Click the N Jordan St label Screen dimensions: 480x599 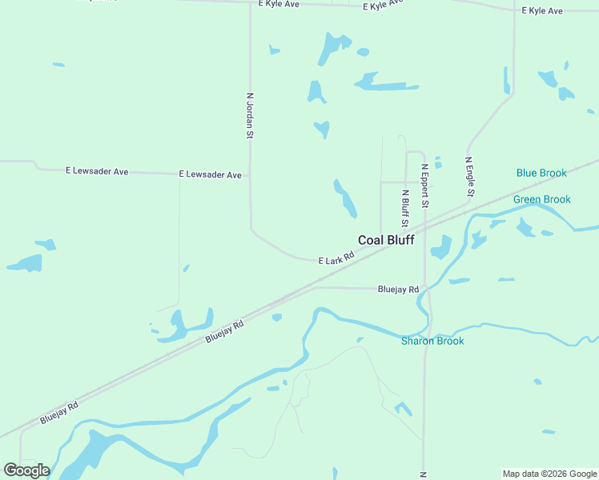[250, 117]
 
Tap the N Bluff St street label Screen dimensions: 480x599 [405, 208]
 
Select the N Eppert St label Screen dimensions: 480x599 [425, 186]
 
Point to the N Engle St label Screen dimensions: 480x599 [471, 177]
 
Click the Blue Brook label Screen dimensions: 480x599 [541, 173]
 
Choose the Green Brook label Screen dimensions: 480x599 [542, 199]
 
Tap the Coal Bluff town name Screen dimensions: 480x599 [386, 240]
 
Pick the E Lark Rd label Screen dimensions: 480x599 [336, 260]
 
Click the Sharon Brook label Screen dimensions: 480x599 [432, 341]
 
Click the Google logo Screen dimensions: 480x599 [26, 470]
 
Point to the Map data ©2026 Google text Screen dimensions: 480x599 [549, 474]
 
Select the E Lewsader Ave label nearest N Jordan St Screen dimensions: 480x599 [210, 174]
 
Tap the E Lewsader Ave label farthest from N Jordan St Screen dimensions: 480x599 [97, 171]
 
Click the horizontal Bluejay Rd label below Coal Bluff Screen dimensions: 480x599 [398, 290]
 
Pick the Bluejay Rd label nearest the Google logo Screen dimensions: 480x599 [59, 413]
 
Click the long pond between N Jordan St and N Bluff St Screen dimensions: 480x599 [345, 198]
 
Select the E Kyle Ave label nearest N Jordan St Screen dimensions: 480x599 [279, 4]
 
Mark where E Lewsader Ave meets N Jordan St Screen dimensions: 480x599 [251, 174]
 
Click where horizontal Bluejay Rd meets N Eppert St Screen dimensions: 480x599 [425, 289]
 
